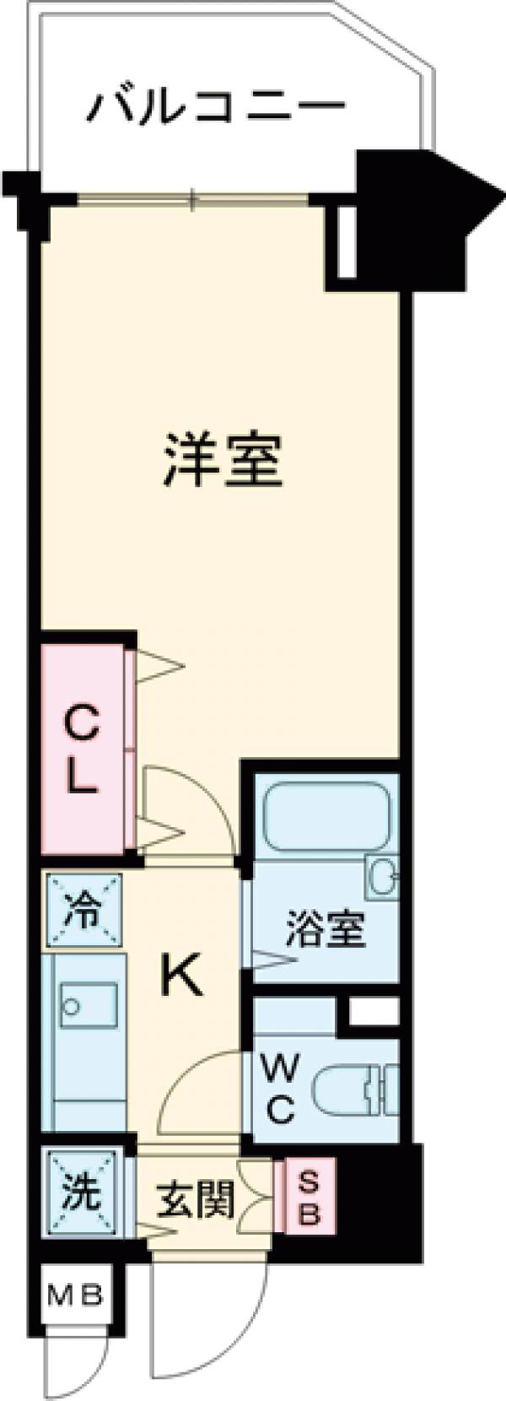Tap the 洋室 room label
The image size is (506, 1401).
pyautogui.click(x=222, y=459)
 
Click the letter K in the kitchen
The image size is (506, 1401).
pyautogui.click(x=181, y=979)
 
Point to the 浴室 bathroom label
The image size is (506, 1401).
pyautogui.click(x=325, y=929)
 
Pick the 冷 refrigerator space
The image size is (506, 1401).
pyautogui.click(x=83, y=911)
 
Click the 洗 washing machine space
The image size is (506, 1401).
pyautogui.click(x=83, y=1193)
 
